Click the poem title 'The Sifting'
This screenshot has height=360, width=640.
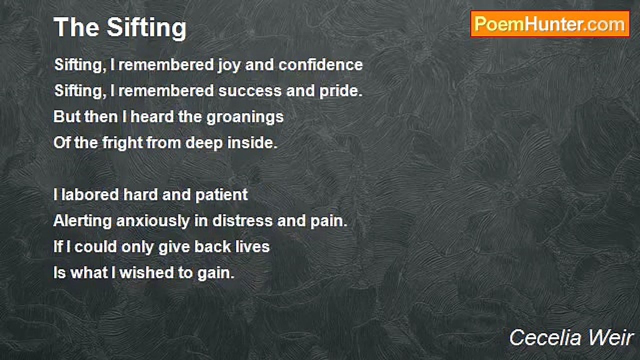(120, 27)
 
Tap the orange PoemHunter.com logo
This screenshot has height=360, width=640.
(550, 24)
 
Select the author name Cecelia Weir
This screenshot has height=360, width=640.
(571, 338)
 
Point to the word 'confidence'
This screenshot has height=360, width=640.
(321, 65)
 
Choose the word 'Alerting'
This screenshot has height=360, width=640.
(82, 221)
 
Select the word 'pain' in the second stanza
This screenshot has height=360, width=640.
(329, 221)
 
